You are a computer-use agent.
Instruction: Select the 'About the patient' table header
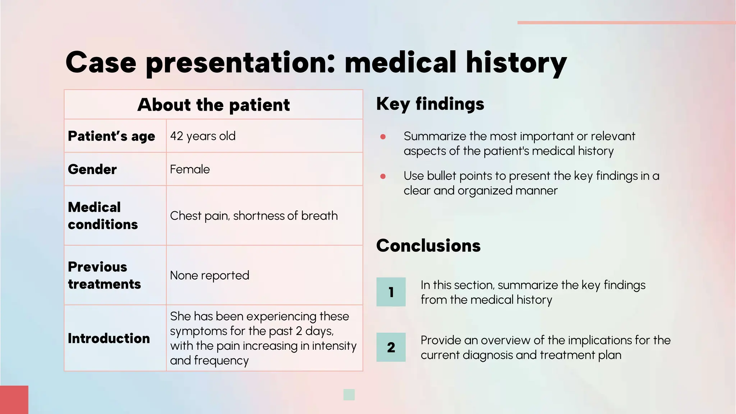(x=213, y=105)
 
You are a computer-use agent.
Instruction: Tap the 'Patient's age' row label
(x=111, y=136)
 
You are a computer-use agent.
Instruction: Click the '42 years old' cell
(x=203, y=136)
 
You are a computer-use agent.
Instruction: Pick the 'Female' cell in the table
(x=190, y=169)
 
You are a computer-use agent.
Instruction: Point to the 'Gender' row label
(x=92, y=169)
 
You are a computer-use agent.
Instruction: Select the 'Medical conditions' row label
(x=103, y=216)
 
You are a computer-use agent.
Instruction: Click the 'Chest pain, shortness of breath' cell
(x=254, y=216)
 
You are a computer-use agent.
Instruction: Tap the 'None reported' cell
(x=210, y=275)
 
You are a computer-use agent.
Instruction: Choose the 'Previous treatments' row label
(x=104, y=275)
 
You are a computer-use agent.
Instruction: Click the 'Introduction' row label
(x=109, y=338)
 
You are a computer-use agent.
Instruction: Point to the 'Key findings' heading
(x=430, y=104)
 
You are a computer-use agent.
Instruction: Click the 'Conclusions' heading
(x=428, y=246)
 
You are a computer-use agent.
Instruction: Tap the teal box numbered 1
(x=391, y=292)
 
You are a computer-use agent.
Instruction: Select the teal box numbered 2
(x=391, y=347)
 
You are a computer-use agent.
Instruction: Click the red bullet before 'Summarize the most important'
(x=383, y=137)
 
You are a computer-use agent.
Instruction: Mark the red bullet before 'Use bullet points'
(x=383, y=176)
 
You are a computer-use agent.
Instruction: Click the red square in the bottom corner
(x=14, y=400)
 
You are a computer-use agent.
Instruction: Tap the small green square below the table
(x=349, y=395)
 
